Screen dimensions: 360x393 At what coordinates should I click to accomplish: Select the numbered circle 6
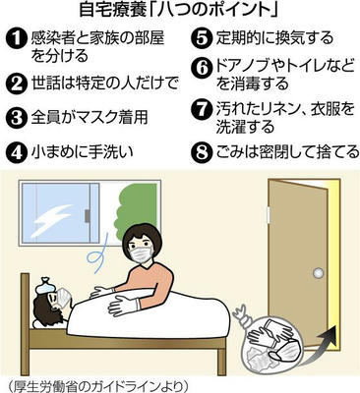click(200, 69)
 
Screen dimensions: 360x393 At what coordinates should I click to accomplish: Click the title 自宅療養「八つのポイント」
click(179, 11)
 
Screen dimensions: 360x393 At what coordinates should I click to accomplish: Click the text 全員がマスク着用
click(90, 117)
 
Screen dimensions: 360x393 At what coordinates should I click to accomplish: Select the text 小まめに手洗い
click(82, 152)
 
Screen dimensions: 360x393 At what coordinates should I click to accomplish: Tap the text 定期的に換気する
click(274, 38)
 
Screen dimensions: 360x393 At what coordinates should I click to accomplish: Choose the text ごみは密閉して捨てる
click(287, 152)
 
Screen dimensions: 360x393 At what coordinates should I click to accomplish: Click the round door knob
click(318, 272)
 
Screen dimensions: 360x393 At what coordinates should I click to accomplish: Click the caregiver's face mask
click(142, 254)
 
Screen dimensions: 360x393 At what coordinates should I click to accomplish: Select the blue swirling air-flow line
click(96, 256)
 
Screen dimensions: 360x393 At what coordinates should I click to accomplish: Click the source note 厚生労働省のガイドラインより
click(97, 386)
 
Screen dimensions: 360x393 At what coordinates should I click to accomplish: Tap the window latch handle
click(88, 216)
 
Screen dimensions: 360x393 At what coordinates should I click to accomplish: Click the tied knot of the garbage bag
click(241, 312)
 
